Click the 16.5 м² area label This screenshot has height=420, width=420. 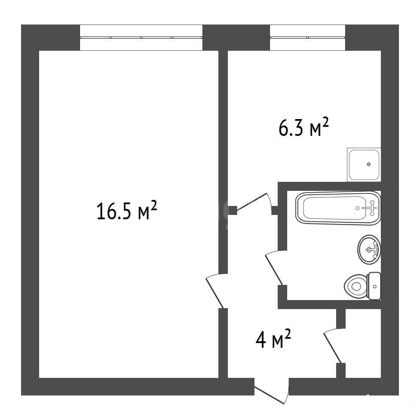(x=126, y=211)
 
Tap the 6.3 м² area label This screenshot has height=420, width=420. (x=304, y=128)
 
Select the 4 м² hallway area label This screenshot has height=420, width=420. (x=273, y=339)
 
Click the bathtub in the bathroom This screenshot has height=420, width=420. (x=338, y=208)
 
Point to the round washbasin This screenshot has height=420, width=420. (x=369, y=250)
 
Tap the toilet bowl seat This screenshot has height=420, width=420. (x=356, y=286)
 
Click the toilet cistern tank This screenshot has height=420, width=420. (x=375, y=286)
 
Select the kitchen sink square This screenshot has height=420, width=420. (x=364, y=165)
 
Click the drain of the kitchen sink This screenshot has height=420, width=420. (x=369, y=164)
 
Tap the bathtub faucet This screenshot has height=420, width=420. (x=371, y=208)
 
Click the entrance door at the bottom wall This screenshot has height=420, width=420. (x=272, y=391)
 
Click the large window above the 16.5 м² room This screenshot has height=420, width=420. (x=141, y=37)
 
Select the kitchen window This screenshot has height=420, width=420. (x=307, y=37)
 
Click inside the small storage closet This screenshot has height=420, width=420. (x=363, y=343)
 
